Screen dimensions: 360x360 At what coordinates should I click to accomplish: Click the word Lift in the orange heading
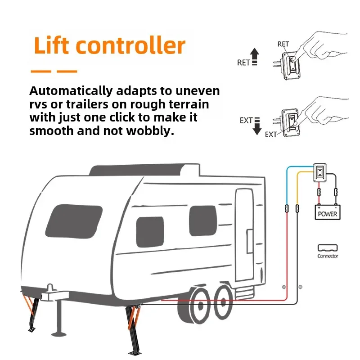pyautogui.click(x=51, y=45)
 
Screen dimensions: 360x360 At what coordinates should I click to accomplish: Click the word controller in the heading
pyautogui.click(x=130, y=45)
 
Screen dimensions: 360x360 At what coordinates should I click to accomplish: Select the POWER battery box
pyautogui.click(x=328, y=212)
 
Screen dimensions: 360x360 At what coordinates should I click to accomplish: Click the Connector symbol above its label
pyautogui.click(x=328, y=248)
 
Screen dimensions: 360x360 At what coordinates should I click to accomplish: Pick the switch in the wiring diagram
pyautogui.click(x=320, y=172)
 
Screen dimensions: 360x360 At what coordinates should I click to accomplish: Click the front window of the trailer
pyautogui.click(x=74, y=221)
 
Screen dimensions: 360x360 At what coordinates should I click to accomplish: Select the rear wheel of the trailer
pyautogui.click(x=223, y=302)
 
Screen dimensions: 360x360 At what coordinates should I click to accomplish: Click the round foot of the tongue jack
pyautogui.click(x=59, y=334)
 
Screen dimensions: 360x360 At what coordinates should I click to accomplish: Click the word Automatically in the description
pyautogui.click(x=71, y=91)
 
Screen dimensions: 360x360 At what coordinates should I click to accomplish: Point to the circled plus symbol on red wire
pyautogui.click(x=284, y=287)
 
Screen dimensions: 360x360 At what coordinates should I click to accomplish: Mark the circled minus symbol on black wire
pyautogui.click(x=300, y=287)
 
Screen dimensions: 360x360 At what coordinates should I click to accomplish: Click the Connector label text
pyautogui.click(x=328, y=256)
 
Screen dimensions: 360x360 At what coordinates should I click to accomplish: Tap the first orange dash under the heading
pyautogui.click(x=41, y=72)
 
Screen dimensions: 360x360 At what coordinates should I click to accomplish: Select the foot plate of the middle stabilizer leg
pyautogui.click(x=134, y=353)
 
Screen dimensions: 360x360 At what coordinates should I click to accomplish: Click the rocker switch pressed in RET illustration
pyautogui.click(x=292, y=63)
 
